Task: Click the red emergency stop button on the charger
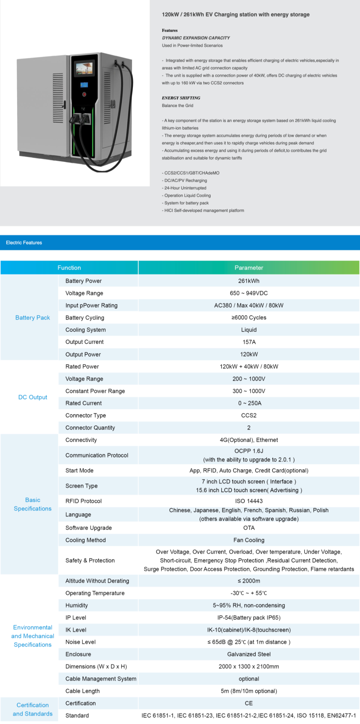pos(84,94)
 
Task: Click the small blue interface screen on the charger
pos(84,85)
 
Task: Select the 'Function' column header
pos(69,268)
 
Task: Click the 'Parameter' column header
pos(249,268)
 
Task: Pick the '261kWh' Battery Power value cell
pos(249,281)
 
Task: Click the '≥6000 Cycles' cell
pos(249,318)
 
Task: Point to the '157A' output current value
pos(249,342)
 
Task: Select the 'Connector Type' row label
pos(86,416)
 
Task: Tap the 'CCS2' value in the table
pos(249,416)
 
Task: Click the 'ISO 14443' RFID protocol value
pos(249,501)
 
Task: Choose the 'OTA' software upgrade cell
pos(249,528)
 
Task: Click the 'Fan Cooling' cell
pos(249,540)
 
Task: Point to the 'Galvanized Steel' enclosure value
pos(249,654)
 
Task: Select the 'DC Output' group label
pos(33,397)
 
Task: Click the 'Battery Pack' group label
pos(33,318)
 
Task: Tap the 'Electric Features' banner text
pos(24,243)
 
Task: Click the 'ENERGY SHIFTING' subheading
pos(181,98)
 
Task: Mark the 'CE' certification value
pos(249,703)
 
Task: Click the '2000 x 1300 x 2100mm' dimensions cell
pos(249,667)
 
